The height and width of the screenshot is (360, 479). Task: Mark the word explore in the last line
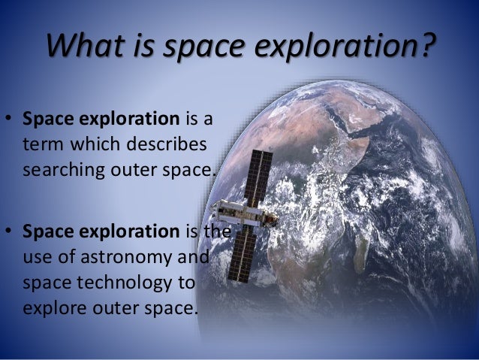point(53,307)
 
